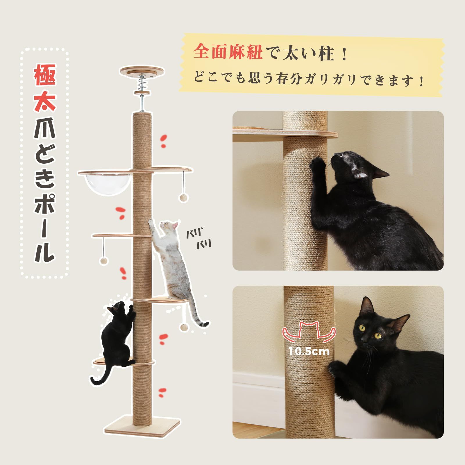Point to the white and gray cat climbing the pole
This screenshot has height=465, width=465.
[171, 262]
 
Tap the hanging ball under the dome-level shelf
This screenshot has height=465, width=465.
[183, 198]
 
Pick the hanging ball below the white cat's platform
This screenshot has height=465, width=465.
[184, 328]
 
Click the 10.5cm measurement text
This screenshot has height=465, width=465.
[309, 352]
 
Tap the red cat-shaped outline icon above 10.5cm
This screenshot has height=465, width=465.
[309, 331]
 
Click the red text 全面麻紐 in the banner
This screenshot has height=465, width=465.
[228, 53]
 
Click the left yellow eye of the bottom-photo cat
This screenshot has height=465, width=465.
[362, 328]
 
